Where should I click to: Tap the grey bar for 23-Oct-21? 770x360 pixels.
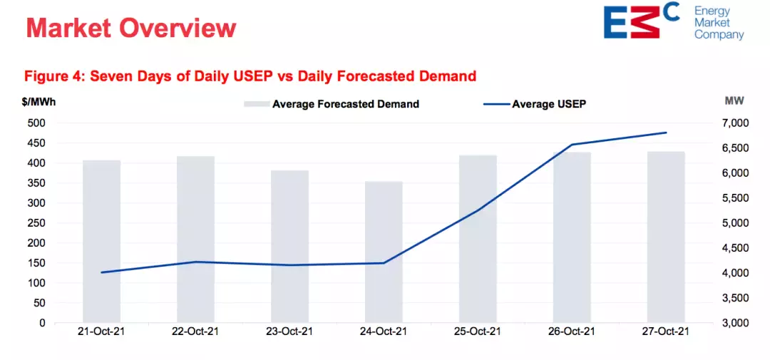(x=289, y=246)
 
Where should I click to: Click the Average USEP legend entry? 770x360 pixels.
(x=539, y=104)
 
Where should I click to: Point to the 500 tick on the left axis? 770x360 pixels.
(x=36, y=123)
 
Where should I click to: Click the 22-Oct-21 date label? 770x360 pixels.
(x=195, y=331)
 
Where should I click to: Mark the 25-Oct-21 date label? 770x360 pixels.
(x=478, y=331)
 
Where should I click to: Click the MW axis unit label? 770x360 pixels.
(x=734, y=101)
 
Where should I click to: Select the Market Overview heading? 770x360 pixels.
(x=131, y=28)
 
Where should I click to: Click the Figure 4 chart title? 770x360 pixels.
(x=250, y=76)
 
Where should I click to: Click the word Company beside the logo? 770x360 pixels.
(x=719, y=34)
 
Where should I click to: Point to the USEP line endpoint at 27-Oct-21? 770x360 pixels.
(x=666, y=133)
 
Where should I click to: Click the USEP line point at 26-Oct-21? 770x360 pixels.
(x=572, y=145)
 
